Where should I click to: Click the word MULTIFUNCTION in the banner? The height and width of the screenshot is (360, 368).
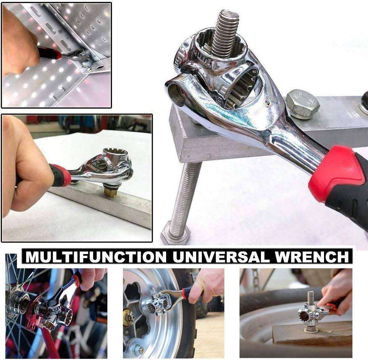(95, 257)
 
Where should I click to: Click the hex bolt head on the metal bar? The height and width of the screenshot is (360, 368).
(303, 103)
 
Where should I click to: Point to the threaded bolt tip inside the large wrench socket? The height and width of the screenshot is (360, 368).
(225, 32)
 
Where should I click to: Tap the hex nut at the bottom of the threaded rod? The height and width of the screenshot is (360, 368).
(176, 235)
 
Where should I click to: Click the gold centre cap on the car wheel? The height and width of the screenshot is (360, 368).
(129, 318)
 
